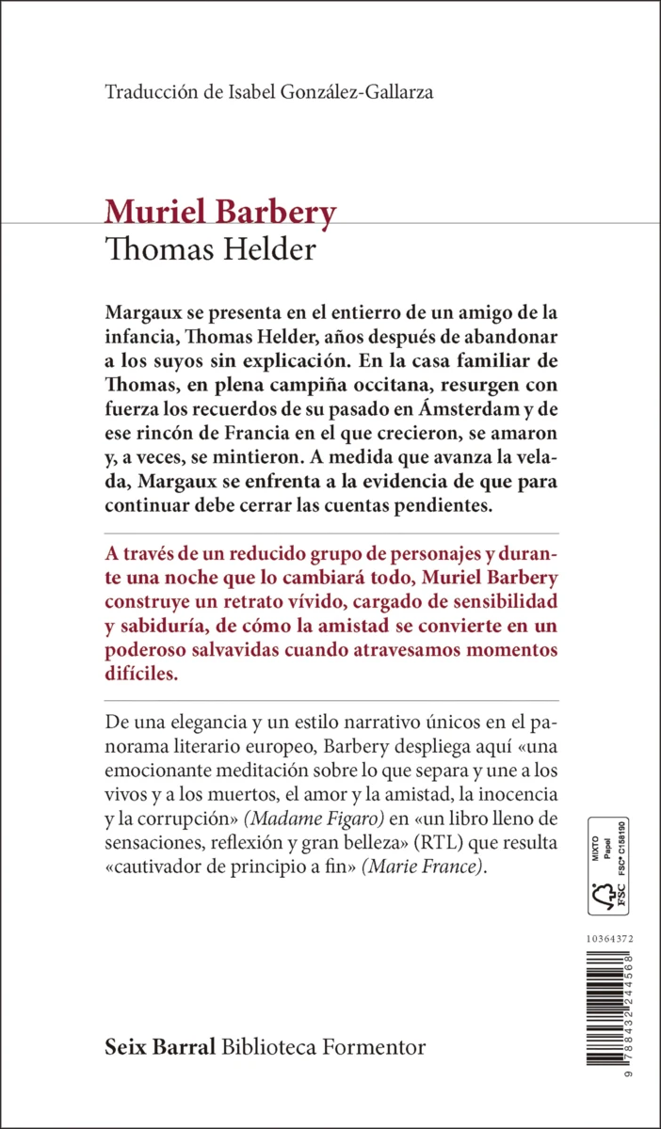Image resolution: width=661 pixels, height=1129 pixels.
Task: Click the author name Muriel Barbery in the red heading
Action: coord(220,213)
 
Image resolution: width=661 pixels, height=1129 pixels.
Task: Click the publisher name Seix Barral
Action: coord(161,1047)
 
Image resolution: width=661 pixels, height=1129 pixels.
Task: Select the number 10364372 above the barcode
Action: coord(609,939)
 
